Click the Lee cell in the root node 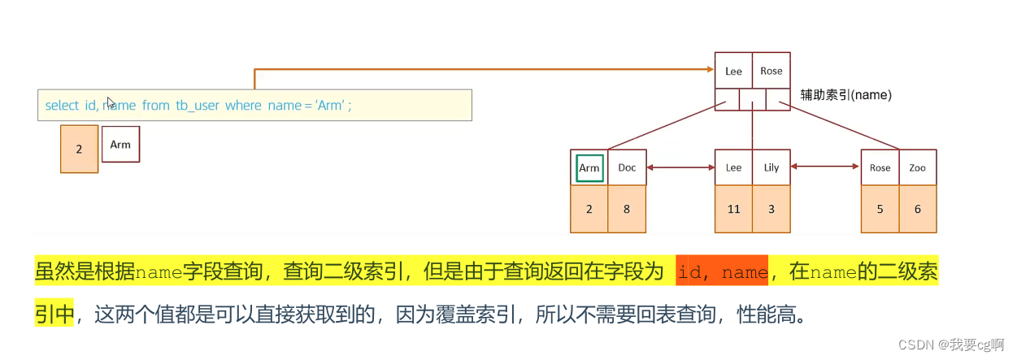point(733,72)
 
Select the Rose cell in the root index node point(771,72)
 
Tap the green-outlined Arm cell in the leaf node point(589,168)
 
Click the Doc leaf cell point(627,168)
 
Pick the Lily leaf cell point(771,168)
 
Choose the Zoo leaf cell point(918,168)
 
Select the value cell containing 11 point(733,209)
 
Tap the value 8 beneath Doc point(627,209)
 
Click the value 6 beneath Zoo point(918,209)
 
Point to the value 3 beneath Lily point(771,209)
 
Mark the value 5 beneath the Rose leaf point(880,209)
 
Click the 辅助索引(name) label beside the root point(846,95)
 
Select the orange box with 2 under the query point(79,149)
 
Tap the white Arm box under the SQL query point(120,145)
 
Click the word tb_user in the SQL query point(198,106)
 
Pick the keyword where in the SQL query point(243,106)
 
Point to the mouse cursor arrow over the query point(111,102)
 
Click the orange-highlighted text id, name point(722,273)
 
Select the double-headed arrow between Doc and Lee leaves point(680,168)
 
